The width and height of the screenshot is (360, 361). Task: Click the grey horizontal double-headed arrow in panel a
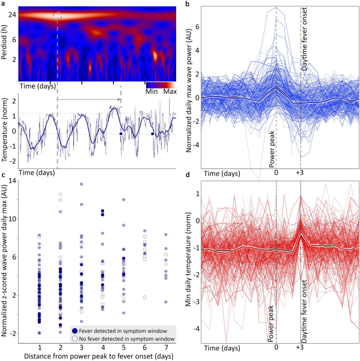[89, 99]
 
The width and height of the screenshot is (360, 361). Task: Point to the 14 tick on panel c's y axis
[12, 180]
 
